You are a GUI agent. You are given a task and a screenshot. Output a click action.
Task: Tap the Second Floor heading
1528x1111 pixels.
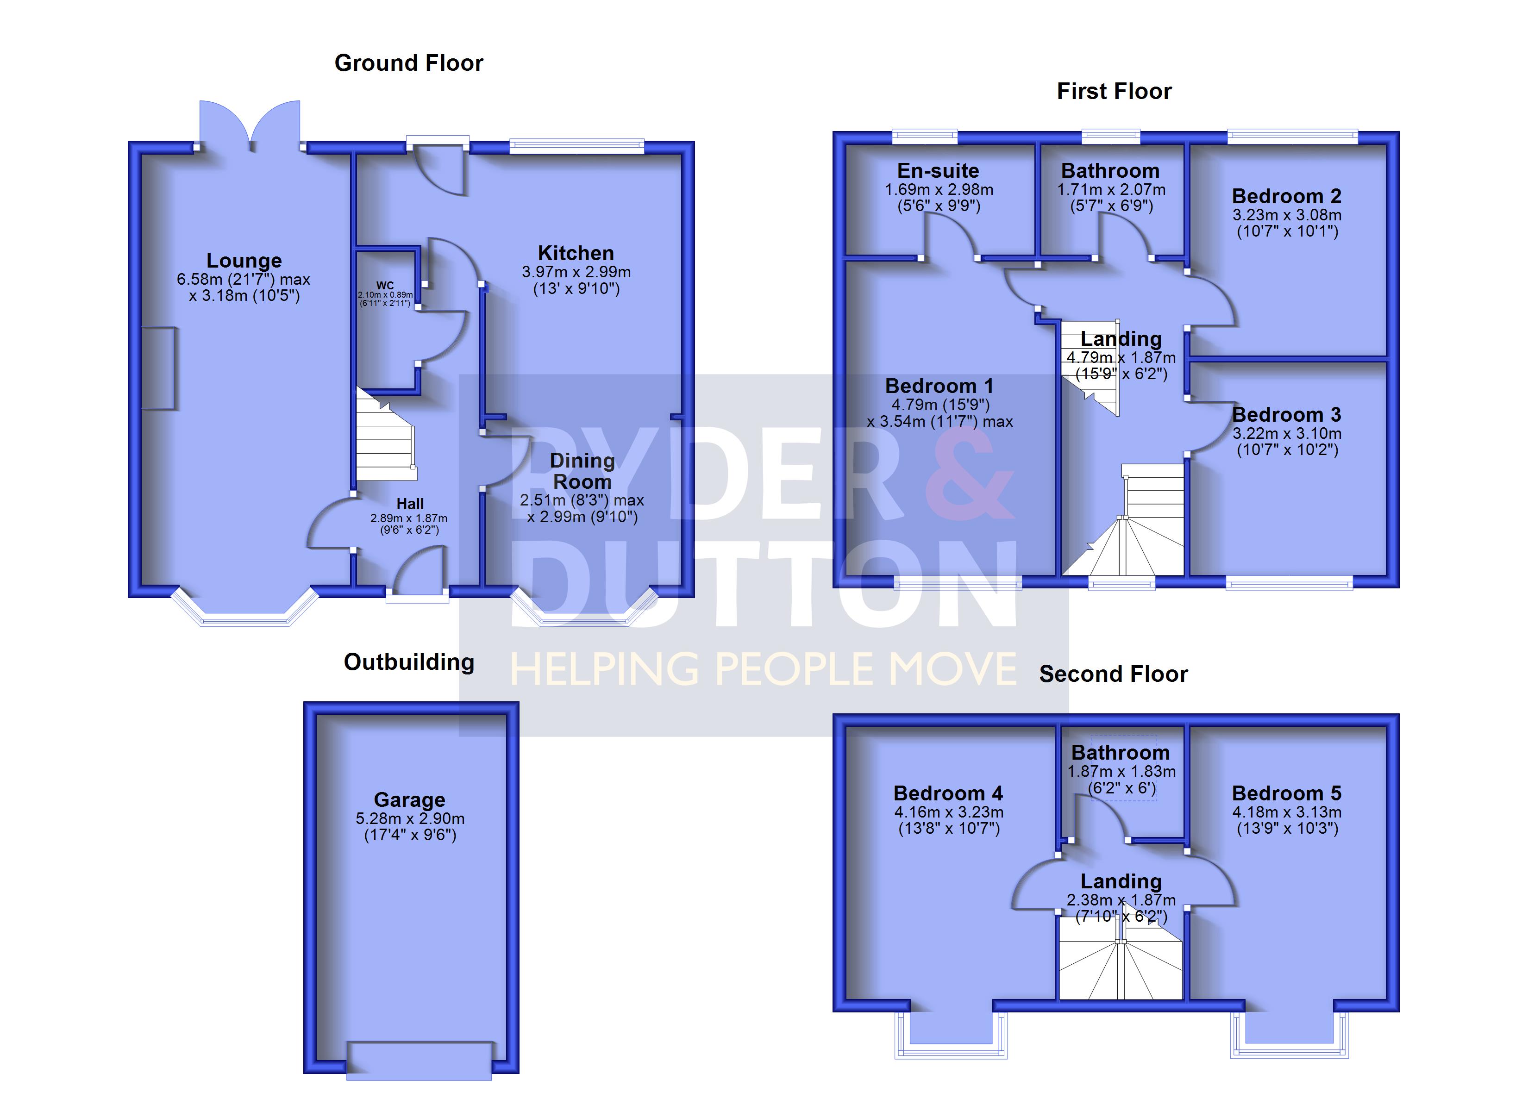point(1114,674)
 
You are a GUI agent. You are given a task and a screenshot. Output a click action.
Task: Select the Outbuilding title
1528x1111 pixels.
point(409,662)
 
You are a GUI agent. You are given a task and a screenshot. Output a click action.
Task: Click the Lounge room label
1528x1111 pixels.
point(244,261)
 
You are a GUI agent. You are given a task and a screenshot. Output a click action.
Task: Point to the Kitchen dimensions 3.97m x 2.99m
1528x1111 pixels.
point(576,272)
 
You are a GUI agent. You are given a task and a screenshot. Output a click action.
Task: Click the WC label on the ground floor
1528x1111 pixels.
point(385,286)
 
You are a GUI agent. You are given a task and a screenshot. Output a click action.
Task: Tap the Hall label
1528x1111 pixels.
point(410,504)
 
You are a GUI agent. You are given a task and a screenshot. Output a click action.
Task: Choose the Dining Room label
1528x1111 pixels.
point(582,471)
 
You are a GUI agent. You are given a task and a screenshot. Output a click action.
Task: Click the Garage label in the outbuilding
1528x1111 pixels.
point(410,800)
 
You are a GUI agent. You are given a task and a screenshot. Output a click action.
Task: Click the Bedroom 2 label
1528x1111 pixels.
point(1286,197)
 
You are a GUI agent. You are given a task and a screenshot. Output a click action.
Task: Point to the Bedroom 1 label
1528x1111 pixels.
point(939,386)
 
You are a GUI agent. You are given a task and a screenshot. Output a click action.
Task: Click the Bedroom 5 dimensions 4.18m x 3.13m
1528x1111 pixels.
point(1287,812)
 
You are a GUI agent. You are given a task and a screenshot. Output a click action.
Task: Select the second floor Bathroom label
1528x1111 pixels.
point(1121,753)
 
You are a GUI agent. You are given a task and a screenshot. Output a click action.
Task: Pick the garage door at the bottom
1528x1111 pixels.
point(419,1061)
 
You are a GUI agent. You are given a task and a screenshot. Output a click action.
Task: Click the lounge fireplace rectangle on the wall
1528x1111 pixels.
point(159,368)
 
